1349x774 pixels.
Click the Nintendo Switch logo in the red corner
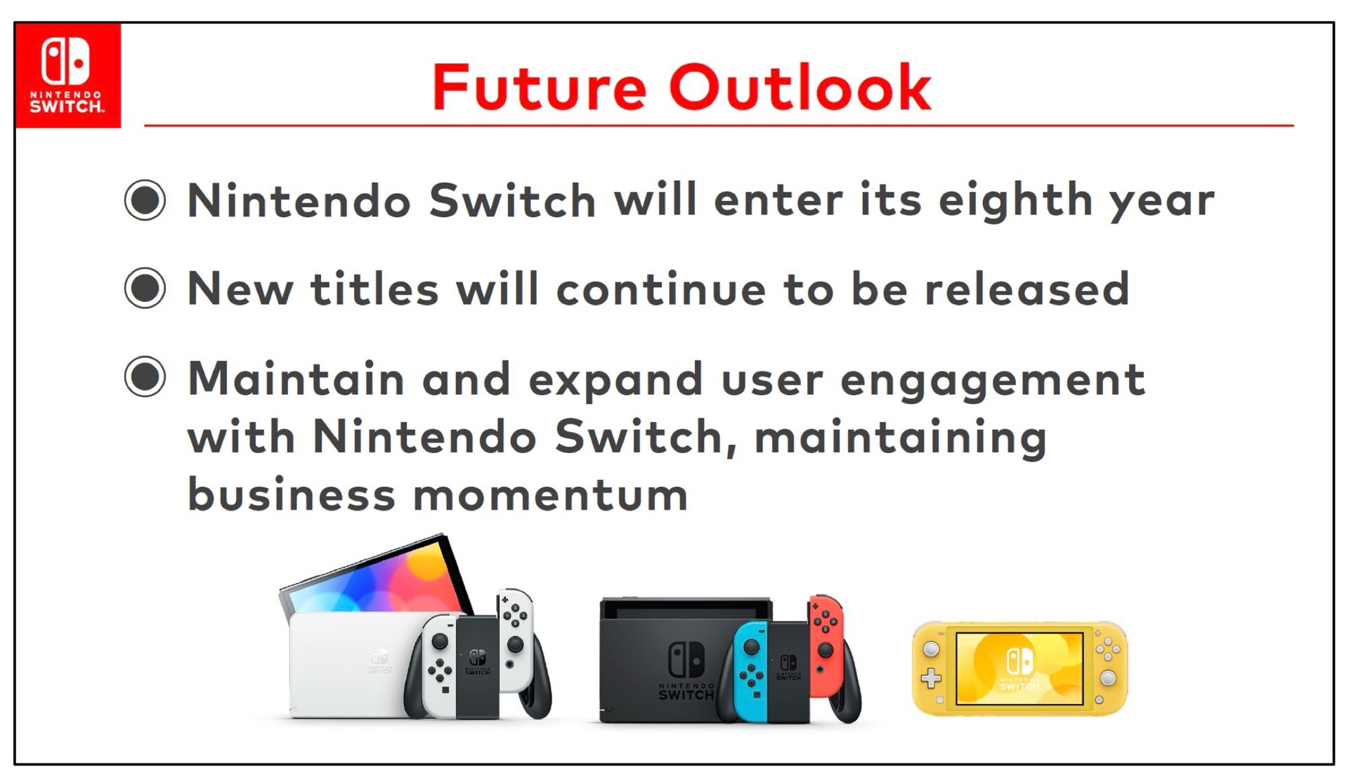pos(67,75)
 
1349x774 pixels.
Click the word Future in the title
pos(539,88)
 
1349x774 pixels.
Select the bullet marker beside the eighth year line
pos(145,200)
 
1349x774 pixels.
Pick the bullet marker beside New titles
pos(145,288)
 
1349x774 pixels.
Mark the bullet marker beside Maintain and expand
pos(145,376)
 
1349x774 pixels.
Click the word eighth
pos(1015,202)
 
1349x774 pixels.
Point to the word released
pos(1027,289)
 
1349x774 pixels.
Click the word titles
pos(374,289)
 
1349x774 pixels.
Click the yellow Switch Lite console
pos(1019,668)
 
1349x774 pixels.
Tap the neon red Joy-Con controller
pos(828,646)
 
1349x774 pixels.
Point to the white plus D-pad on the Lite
pos(931,678)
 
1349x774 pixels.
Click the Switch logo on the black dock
pos(686,660)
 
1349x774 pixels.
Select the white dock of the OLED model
pos(355,664)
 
